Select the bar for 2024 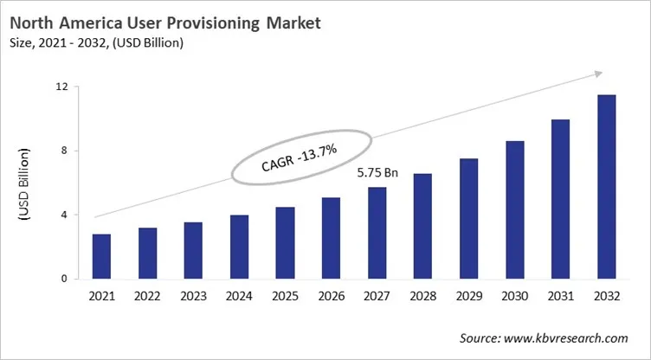[239, 247]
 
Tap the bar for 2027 [377, 233]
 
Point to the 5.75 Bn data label [377, 173]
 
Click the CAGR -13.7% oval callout [300, 156]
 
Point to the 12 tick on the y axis [61, 87]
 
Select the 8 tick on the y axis [64, 151]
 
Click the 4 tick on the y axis [64, 215]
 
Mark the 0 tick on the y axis [64, 279]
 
